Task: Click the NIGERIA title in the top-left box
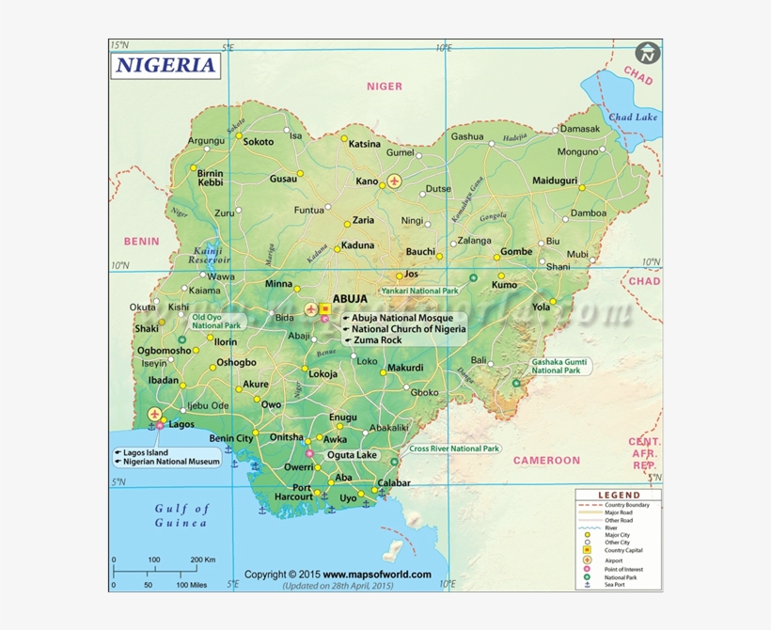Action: point(166,65)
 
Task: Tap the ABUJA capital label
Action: point(351,298)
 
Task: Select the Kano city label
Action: point(366,181)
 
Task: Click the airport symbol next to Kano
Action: point(393,181)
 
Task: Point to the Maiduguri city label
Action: point(555,181)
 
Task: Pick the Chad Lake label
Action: point(633,118)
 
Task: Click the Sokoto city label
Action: point(259,142)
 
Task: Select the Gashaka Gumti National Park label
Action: point(560,366)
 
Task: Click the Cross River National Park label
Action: point(454,449)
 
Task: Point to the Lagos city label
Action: point(181,424)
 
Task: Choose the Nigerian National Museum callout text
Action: point(171,462)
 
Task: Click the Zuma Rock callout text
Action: point(377,340)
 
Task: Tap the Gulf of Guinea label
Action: point(181,515)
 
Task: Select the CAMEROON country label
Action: point(546,461)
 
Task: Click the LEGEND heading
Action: point(619,495)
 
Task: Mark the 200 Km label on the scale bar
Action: point(202,559)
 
